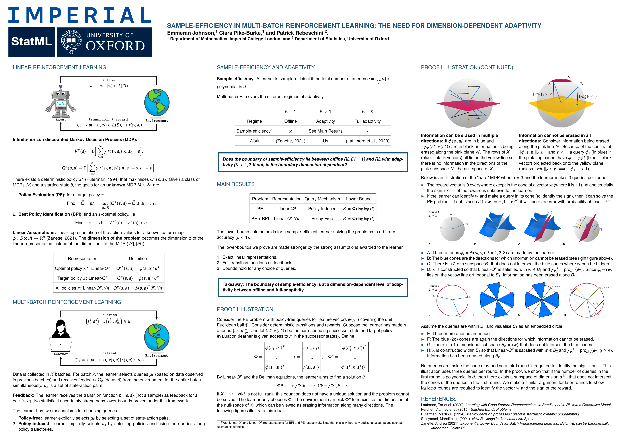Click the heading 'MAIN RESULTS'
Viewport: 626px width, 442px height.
[x=236, y=184]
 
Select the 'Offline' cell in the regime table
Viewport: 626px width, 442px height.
[x=290, y=121]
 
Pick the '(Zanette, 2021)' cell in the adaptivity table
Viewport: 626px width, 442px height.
[x=290, y=141]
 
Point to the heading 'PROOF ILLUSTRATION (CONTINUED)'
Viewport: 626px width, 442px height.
[x=467, y=68]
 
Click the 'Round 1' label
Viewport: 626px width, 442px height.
[x=434, y=212]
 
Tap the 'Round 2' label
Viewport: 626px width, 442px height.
[x=434, y=286]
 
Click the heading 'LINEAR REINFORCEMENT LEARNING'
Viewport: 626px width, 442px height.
[x=59, y=68]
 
